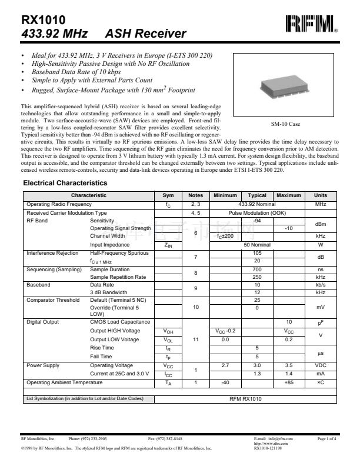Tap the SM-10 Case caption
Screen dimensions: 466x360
pos(285,124)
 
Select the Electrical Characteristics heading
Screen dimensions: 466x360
pos(65,184)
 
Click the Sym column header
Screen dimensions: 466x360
pos(168,195)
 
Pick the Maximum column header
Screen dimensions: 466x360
pos(289,195)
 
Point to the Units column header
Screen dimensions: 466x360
pos(321,195)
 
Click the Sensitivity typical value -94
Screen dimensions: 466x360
pos(257,219)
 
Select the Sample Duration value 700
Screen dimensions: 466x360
pos(257,268)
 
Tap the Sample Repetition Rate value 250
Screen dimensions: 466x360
pos(257,277)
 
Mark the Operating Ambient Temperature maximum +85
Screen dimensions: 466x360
pos(289,382)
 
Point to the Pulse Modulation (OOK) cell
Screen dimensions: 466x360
pos(257,212)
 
